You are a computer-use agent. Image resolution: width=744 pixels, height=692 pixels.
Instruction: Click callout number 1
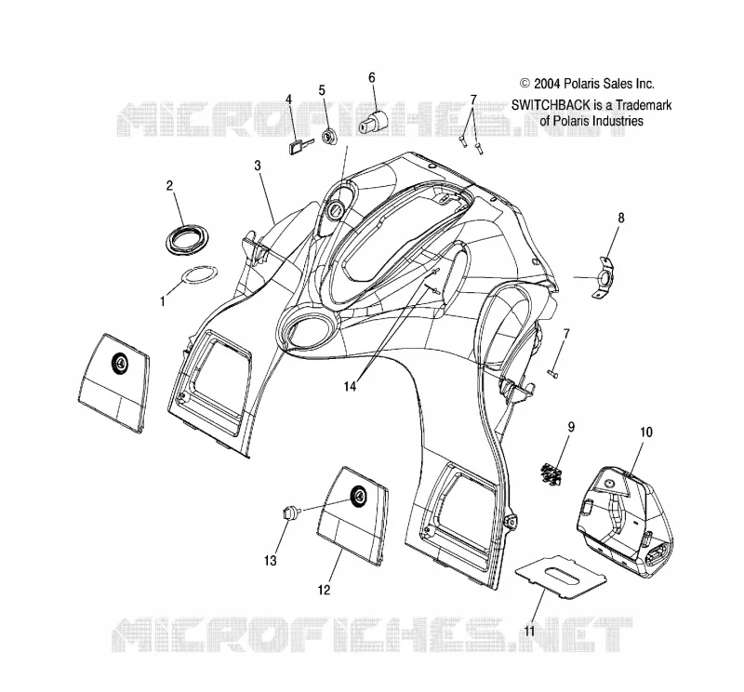[163, 301]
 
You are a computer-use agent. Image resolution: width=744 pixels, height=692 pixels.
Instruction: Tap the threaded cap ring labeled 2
[189, 239]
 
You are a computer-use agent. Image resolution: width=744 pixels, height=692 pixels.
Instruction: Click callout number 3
[258, 166]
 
